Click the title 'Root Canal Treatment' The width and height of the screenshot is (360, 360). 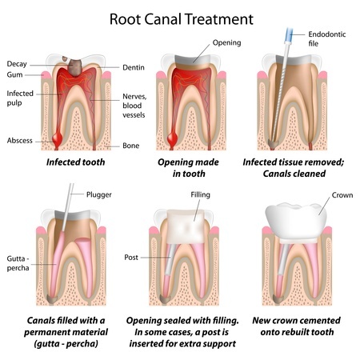pyautogui.click(x=180, y=16)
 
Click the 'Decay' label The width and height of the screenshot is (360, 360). pyautogui.click(x=18, y=64)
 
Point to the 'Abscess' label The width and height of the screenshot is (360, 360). pyautogui.click(x=19, y=141)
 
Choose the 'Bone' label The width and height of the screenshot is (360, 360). pyautogui.click(x=131, y=146)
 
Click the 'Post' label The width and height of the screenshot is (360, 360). pyautogui.click(x=133, y=258)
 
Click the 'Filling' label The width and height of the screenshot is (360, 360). pyautogui.click(x=200, y=194)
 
